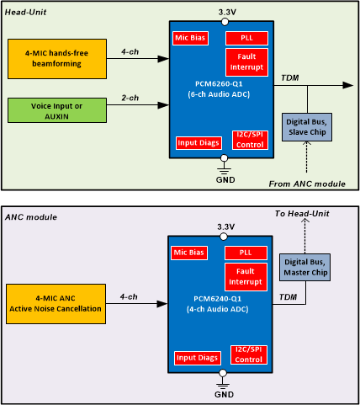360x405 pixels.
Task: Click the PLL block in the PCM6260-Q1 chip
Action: point(246,39)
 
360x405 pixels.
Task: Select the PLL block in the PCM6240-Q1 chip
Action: point(246,252)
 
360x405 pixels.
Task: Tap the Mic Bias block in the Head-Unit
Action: point(192,39)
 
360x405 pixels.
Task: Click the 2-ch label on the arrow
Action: point(130,98)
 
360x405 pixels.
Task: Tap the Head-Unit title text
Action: point(29,9)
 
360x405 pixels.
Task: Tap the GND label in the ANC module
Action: point(223,393)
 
